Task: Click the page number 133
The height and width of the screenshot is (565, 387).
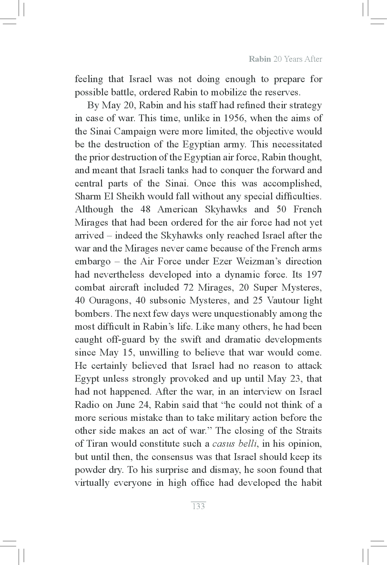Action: (x=198, y=506)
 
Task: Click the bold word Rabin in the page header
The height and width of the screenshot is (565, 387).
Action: (x=260, y=59)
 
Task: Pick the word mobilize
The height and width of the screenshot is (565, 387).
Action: (x=229, y=92)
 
